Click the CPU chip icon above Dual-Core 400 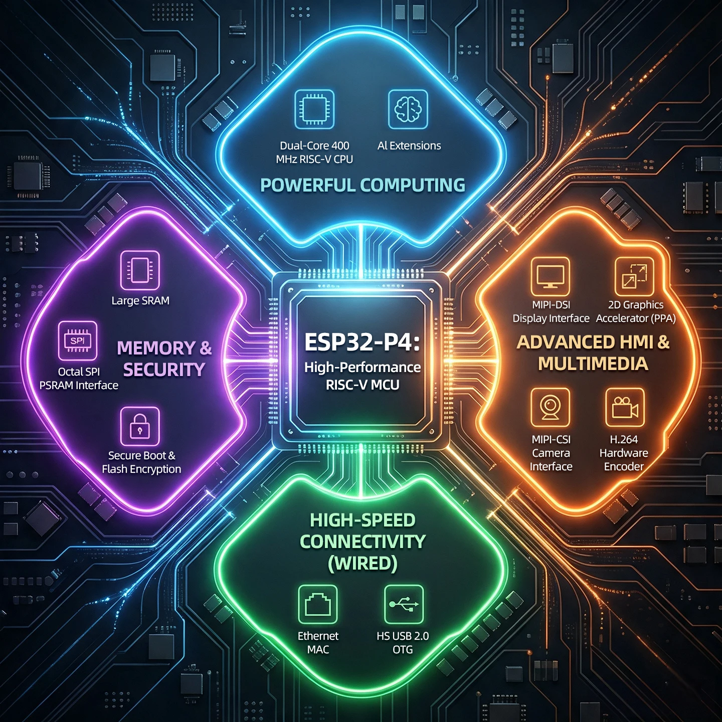pos(314,109)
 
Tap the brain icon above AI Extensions pos(408,109)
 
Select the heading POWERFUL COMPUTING pos(363,185)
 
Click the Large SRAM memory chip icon pos(140,271)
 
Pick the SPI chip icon pos(78,340)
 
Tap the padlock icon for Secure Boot pos(140,426)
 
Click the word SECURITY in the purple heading pos(164,370)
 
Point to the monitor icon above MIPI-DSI pos(551,277)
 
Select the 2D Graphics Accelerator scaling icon pos(634,277)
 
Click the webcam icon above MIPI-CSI pos(551,407)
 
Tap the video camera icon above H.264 pos(625,407)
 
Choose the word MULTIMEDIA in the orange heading pos(593,364)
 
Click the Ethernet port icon pos(318,604)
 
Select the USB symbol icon pos(404,604)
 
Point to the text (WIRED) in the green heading pos(363,563)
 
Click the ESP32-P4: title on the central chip pos(363,342)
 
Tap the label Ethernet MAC pos(318,643)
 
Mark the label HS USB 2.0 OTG pos(403,643)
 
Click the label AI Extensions pos(409,146)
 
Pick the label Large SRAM pos(140,300)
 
